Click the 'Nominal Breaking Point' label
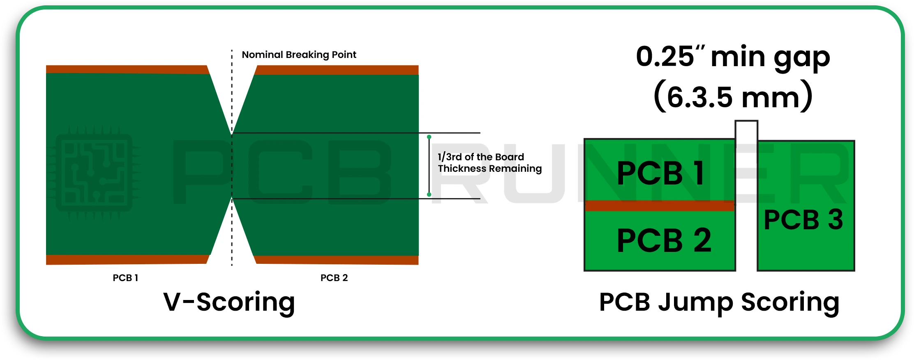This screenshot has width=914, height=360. (x=299, y=55)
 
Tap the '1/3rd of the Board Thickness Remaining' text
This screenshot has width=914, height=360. (x=489, y=163)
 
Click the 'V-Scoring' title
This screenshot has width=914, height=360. (x=229, y=302)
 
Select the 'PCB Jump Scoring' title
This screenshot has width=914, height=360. (x=719, y=302)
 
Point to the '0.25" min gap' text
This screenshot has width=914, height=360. (x=733, y=57)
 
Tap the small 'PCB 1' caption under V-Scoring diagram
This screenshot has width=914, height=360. (x=125, y=278)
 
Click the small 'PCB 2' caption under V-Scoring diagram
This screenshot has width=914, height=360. (x=334, y=278)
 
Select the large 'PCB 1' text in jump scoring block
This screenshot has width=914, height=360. (x=660, y=173)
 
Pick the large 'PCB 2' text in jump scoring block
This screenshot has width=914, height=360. (x=663, y=240)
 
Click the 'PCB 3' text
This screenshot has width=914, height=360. (x=803, y=220)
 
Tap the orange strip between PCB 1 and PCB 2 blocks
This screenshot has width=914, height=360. (x=659, y=206)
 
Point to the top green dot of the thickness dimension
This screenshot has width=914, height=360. (x=429, y=137)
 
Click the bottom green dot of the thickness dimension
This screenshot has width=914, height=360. (x=429, y=194)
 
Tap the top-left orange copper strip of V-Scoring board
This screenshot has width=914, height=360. (x=127, y=69)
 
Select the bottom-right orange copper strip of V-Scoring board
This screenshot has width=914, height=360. (x=337, y=260)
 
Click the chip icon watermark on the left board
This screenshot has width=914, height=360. (x=94, y=173)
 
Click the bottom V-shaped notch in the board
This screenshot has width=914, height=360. (x=232, y=234)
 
